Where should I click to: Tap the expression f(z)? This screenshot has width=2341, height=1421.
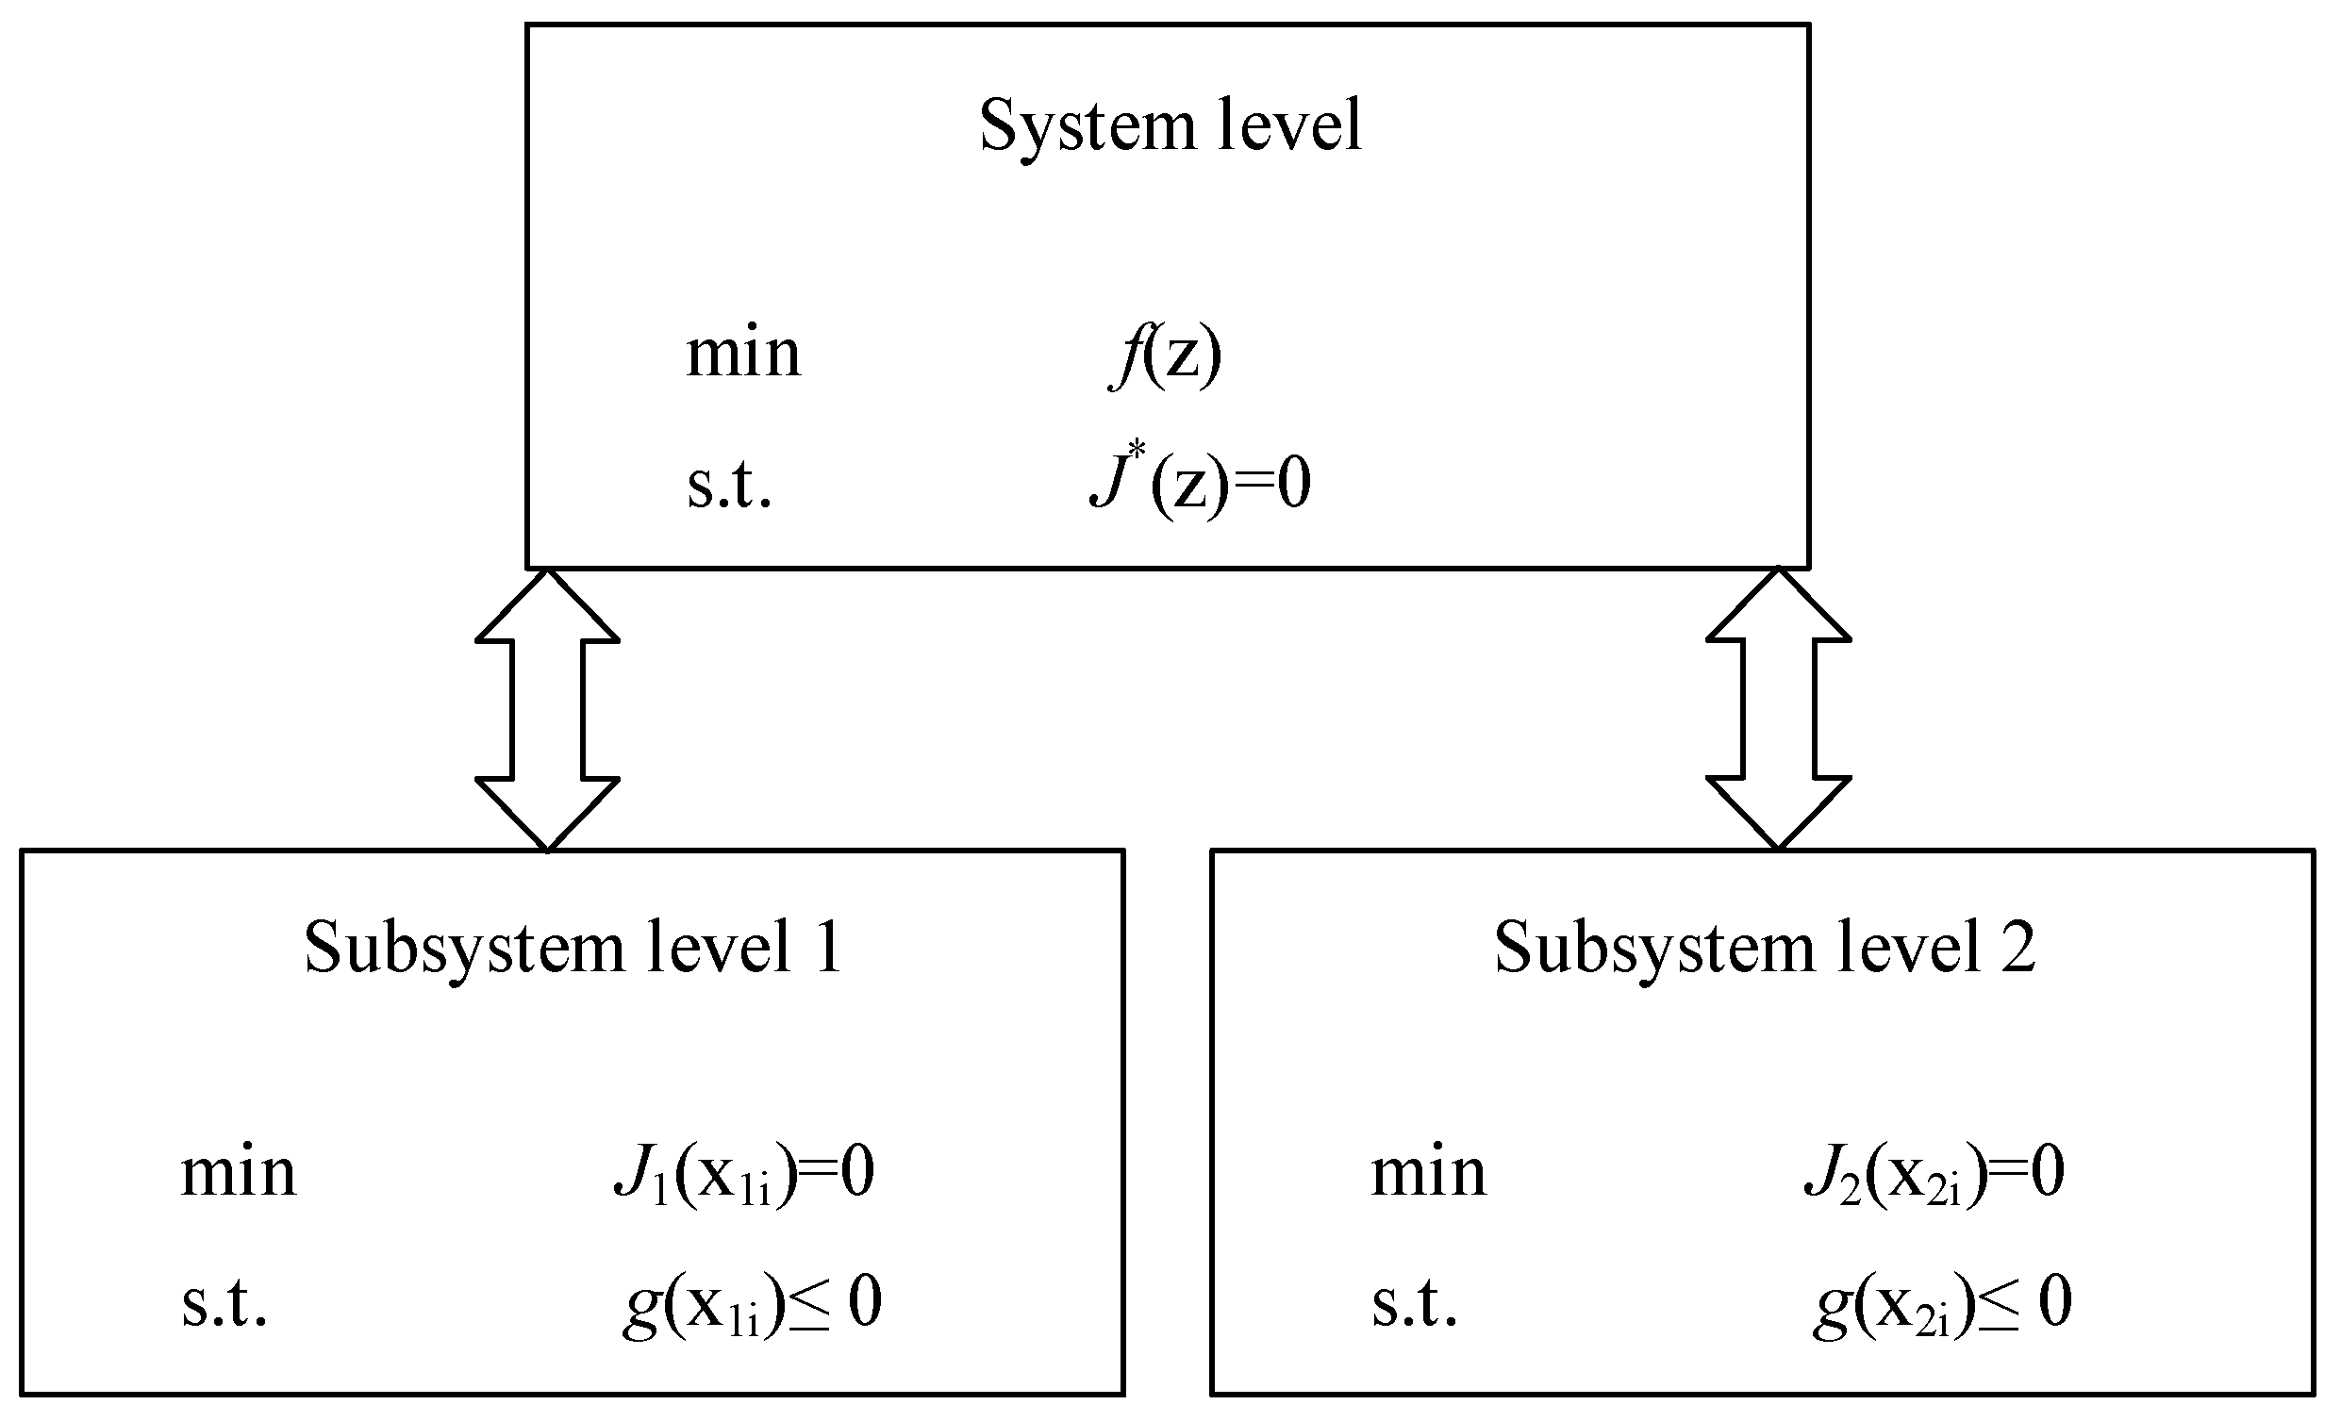tap(1167, 357)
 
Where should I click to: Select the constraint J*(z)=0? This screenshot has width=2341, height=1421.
tap(1199, 484)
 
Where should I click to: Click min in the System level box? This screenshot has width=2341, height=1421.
tap(743, 355)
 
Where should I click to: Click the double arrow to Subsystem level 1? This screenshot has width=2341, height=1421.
tap(547, 709)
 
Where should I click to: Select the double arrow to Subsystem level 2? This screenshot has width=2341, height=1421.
tap(1779, 709)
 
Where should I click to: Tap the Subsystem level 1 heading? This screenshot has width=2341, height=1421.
tap(573, 949)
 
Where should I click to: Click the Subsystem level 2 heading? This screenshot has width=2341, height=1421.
tap(1765, 949)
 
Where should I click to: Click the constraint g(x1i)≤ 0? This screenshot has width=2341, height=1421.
tap(752, 1305)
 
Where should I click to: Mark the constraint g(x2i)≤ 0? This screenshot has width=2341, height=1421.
tap(1942, 1305)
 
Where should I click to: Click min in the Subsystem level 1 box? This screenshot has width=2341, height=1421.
tap(239, 1175)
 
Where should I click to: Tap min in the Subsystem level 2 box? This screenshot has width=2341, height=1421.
tap(1428, 1175)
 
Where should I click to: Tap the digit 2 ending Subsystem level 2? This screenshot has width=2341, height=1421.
tap(2018, 949)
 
